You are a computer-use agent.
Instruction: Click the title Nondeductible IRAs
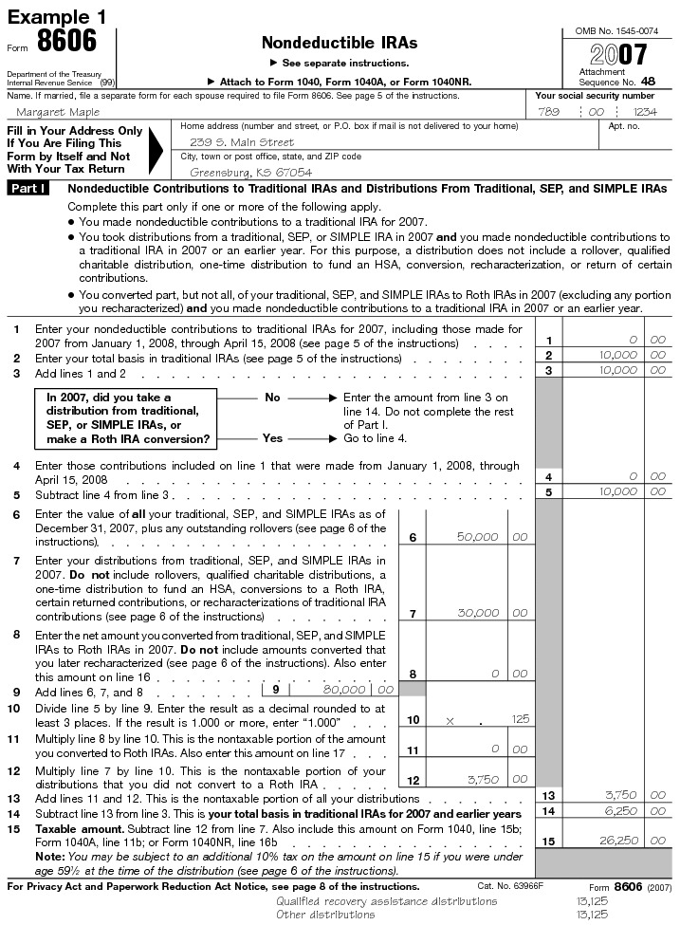click(x=339, y=44)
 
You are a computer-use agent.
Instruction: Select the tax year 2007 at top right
click(x=618, y=54)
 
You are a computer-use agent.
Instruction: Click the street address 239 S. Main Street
click(x=243, y=142)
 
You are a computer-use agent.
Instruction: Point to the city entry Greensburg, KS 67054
click(x=250, y=173)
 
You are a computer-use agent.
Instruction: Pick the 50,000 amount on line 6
click(x=477, y=537)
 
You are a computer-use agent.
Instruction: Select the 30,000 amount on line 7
click(x=477, y=614)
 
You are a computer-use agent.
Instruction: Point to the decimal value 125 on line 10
click(x=520, y=720)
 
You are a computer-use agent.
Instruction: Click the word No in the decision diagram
click(x=272, y=398)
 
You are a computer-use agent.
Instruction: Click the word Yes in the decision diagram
click(x=272, y=438)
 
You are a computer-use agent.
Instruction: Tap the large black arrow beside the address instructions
click(x=158, y=150)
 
